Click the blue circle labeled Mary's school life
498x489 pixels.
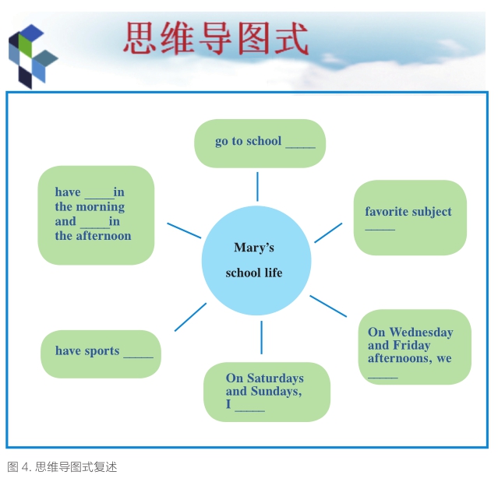point(256,261)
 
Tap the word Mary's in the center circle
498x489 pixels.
point(254,248)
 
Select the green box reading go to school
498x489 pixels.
point(260,143)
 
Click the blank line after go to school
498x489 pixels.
point(301,147)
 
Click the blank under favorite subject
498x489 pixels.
point(380,229)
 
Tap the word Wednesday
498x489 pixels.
point(421,332)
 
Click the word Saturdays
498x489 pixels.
point(275,378)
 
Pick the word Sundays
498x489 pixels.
point(276,391)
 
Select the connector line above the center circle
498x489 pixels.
point(257,187)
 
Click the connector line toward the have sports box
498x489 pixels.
point(190,317)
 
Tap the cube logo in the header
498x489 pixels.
point(33,57)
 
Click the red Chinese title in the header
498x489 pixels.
point(216,38)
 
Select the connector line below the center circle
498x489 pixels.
point(261,337)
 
